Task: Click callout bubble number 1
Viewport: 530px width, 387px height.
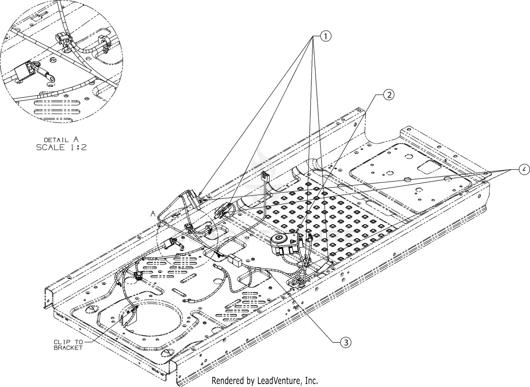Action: [325, 36]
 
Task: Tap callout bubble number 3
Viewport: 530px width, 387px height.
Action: [345, 342]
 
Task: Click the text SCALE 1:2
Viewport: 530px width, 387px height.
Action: [61, 148]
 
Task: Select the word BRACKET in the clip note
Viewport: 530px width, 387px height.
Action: [68, 348]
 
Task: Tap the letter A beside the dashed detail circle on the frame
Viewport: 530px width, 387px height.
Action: [153, 213]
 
